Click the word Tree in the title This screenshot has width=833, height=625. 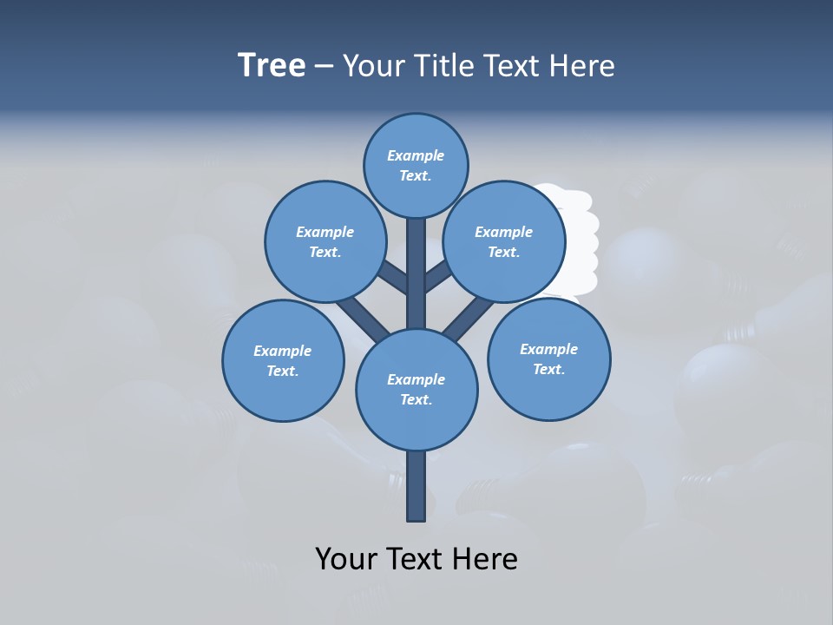point(272,66)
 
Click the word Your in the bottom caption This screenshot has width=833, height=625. point(347,559)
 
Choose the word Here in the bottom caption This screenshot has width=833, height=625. point(487,559)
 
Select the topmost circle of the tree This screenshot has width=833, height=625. point(416,165)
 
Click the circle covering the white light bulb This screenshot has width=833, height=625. point(504,241)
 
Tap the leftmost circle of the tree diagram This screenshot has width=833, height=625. point(283,360)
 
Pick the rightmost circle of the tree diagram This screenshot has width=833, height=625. point(548,359)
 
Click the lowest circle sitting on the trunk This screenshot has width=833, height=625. point(416,389)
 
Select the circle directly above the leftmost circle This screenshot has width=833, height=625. point(325,241)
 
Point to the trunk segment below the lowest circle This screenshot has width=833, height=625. point(416,486)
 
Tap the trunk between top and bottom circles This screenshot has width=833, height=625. point(416,273)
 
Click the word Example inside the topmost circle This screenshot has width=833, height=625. point(416,155)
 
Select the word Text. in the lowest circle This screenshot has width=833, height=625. point(416,400)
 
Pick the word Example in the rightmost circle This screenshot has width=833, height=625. point(548,349)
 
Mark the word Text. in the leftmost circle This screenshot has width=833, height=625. point(282,372)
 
